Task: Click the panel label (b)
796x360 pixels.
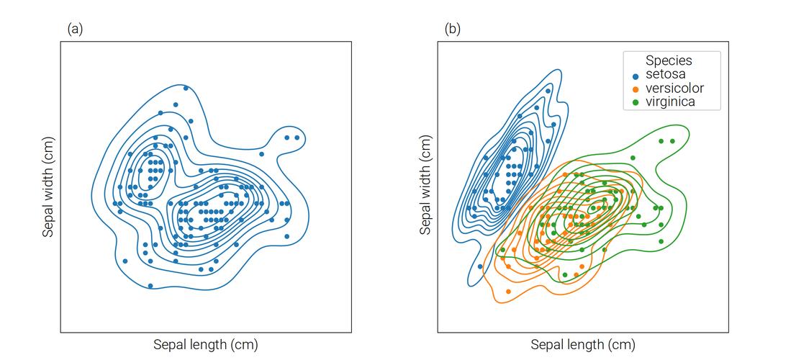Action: [452, 29]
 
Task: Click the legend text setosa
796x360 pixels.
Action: [665, 75]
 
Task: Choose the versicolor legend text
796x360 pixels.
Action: [674, 89]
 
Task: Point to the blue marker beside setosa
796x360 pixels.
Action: [636, 76]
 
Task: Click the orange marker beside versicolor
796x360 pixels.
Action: [636, 89]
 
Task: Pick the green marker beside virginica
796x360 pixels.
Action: [636, 103]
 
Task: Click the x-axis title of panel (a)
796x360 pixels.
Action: [205, 344]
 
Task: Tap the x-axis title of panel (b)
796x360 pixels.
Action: [583, 344]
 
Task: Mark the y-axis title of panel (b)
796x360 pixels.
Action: [426, 187]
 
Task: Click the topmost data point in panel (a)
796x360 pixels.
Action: [186, 89]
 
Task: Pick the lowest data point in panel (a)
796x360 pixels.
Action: [150, 286]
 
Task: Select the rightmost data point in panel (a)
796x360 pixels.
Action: [297, 137]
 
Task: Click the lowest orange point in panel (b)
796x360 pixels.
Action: [509, 292]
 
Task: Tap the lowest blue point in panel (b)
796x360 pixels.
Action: [480, 266]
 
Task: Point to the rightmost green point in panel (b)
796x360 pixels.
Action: [672, 141]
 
